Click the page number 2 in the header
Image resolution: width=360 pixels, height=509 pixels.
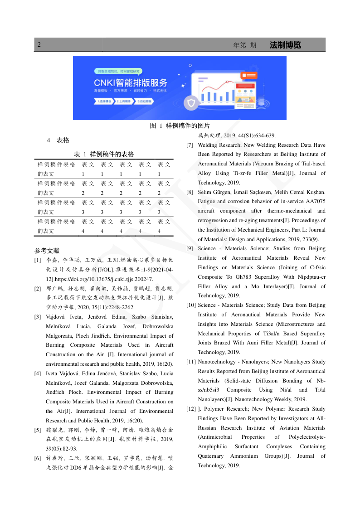coord(39,45)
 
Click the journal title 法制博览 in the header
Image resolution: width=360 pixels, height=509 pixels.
coord(285,45)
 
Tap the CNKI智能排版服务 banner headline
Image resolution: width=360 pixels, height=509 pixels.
coord(131,82)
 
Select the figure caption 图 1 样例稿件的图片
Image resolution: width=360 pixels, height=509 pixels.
coord(180,126)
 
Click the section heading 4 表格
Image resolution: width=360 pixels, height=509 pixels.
coord(58,140)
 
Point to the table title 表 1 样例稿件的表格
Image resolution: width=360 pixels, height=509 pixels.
coord(104,154)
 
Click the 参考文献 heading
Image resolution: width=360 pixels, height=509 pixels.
coord(47,251)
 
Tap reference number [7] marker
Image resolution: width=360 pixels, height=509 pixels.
coord(190,145)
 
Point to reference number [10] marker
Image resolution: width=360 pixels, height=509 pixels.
coord(191,305)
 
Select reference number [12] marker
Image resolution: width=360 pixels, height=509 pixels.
coord(191,409)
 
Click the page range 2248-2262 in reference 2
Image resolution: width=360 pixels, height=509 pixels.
coord(119,307)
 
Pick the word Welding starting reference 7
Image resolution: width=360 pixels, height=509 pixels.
coord(208,145)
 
